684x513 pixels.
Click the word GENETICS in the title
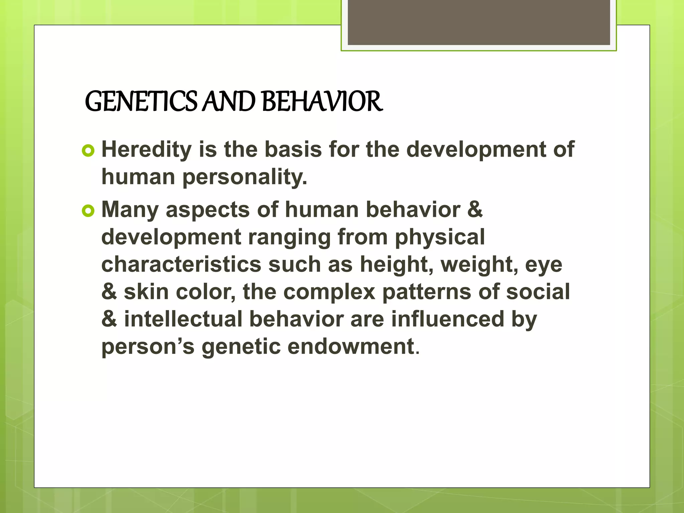pyautogui.click(x=141, y=102)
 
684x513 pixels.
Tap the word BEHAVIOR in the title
pyautogui.click(x=322, y=102)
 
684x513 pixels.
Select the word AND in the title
pyautogui.click(x=229, y=102)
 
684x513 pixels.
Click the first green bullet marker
pyautogui.click(x=88, y=151)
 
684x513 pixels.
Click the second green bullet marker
pyautogui.click(x=88, y=211)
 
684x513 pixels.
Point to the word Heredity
pyautogui.click(x=147, y=149)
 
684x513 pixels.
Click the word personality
pyautogui.click(x=244, y=177)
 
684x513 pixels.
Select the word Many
pyautogui.click(x=130, y=210)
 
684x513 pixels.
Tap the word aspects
pyautogui.click(x=208, y=210)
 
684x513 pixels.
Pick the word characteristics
pyautogui.click(x=181, y=265)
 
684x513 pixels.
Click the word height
pyautogui.click(x=397, y=265)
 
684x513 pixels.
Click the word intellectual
pyautogui.click(x=183, y=319)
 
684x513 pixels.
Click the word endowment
pyautogui.click(x=351, y=346)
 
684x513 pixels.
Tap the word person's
pyautogui.click(x=148, y=347)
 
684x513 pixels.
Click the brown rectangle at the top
pyautogui.click(x=479, y=22)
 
